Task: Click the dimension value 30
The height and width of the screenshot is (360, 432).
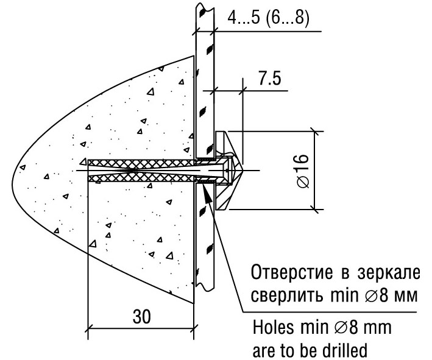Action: tap(141, 316)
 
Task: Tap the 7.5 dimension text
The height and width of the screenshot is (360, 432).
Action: tap(270, 78)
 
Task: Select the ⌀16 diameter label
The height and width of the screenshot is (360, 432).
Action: tap(303, 171)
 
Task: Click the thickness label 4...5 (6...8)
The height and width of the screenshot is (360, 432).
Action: tap(268, 18)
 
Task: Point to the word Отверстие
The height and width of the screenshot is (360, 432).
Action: tap(292, 272)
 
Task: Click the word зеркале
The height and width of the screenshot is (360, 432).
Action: tap(389, 273)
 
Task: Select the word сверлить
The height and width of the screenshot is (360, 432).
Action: tap(286, 296)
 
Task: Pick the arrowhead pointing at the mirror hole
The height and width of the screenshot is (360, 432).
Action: tap(207, 193)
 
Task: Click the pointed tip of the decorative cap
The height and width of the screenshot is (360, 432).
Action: tap(243, 171)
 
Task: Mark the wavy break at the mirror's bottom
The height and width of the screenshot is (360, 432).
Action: tap(205, 288)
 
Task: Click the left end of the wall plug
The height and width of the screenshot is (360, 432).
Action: tap(88, 171)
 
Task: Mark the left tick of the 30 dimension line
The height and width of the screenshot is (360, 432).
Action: tap(88, 329)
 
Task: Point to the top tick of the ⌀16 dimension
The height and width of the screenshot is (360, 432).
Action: tap(314, 132)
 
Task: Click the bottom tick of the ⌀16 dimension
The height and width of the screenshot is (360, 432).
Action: tap(314, 210)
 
